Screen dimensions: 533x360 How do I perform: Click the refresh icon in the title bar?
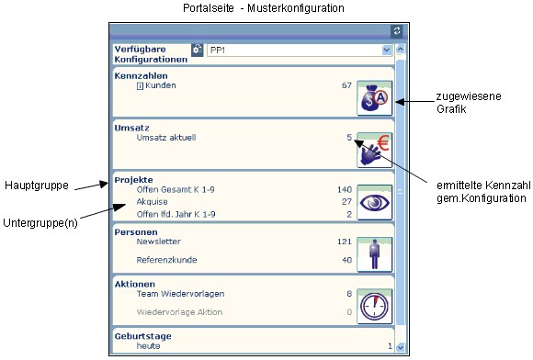click(397, 31)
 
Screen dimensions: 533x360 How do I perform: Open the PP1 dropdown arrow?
click(387, 50)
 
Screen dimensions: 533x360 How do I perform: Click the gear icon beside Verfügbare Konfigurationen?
click(197, 50)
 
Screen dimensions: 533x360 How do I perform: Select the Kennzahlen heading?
click(142, 75)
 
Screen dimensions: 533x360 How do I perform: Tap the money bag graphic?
click(374, 98)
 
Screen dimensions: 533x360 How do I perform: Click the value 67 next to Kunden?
click(346, 85)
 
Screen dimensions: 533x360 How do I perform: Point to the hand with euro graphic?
click(374, 150)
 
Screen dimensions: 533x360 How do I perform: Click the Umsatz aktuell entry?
click(166, 138)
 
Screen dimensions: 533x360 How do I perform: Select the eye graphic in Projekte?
click(374, 202)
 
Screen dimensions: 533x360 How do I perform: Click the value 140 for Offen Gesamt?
click(345, 189)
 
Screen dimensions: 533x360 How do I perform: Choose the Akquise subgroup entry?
click(152, 202)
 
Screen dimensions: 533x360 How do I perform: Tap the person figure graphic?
click(374, 254)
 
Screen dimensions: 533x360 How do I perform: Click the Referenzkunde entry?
click(166, 260)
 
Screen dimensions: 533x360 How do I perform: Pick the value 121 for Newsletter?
click(345, 242)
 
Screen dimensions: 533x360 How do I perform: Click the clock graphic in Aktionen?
click(374, 307)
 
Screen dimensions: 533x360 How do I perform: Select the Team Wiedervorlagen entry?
click(180, 294)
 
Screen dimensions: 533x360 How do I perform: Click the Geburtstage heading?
click(142, 336)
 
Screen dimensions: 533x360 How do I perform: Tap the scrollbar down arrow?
click(401, 347)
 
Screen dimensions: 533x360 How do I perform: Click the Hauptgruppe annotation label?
click(37, 186)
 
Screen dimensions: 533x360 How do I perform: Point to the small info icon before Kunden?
click(140, 86)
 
